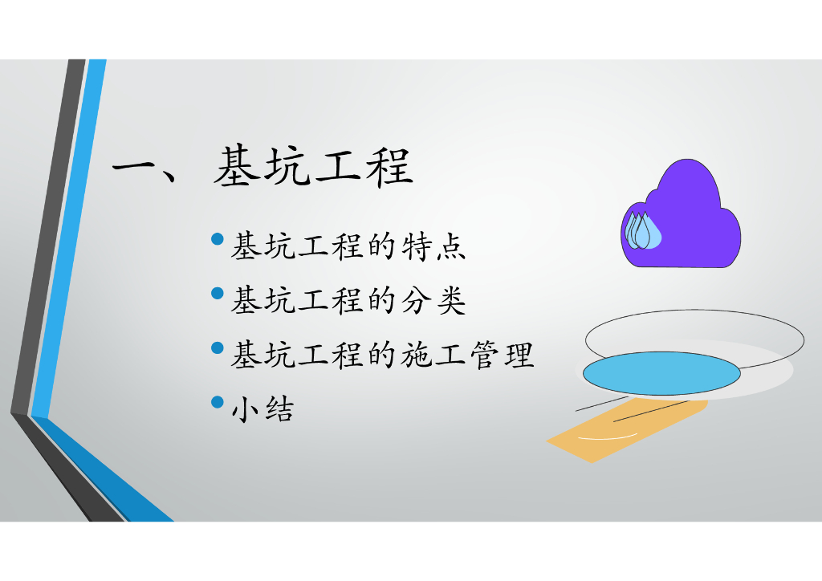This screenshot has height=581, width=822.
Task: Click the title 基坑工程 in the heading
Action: (x=314, y=167)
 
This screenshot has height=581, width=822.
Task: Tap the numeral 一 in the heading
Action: (x=134, y=168)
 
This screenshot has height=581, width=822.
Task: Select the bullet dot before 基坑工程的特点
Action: (x=217, y=239)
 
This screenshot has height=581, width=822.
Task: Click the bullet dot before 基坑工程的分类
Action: (x=217, y=294)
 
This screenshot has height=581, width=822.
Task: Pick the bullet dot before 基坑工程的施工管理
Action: (x=217, y=347)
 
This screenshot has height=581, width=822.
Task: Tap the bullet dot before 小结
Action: (x=217, y=402)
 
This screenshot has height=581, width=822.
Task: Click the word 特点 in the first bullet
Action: (x=433, y=246)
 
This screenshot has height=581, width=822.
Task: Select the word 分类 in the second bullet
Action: (x=433, y=301)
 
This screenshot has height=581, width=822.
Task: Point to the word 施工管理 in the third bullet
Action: (x=468, y=356)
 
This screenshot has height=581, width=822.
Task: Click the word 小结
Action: (x=262, y=409)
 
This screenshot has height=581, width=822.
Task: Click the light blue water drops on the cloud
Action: (x=643, y=230)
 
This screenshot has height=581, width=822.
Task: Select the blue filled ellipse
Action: (x=661, y=373)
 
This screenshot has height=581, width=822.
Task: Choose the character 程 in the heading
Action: (x=390, y=167)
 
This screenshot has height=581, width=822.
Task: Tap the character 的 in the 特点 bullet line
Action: (x=381, y=246)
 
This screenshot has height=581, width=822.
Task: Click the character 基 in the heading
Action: (x=237, y=167)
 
